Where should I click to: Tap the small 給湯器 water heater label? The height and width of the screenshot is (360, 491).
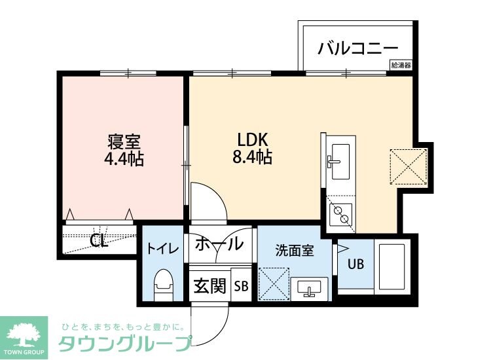pyautogui.click(x=401, y=65)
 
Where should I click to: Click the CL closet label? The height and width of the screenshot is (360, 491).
pyautogui.click(x=99, y=241)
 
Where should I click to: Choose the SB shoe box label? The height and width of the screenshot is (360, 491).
pyautogui.click(x=241, y=286)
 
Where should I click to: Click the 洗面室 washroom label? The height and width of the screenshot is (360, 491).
pyautogui.click(x=293, y=249)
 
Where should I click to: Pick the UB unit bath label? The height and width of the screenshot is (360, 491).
pyautogui.click(x=355, y=264)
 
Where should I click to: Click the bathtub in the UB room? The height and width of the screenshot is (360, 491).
pyautogui.click(x=391, y=267)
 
